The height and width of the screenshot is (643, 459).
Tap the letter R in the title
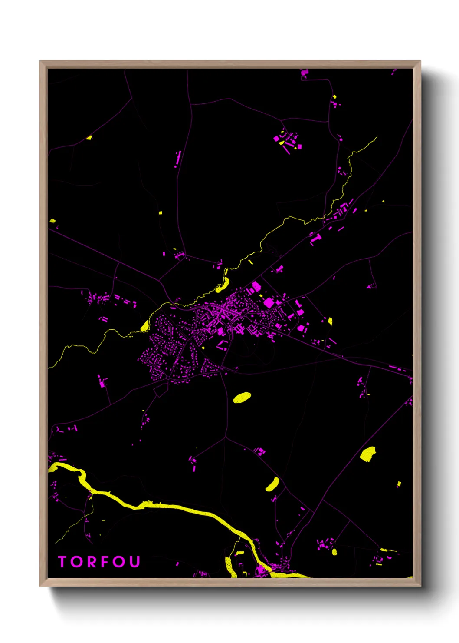pyautogui.click(x=92, y=562)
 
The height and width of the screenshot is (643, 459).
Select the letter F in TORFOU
pyautogui.click(x=106, y=562)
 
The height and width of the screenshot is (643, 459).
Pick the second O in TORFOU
pyautogui.click(x=120, y=562)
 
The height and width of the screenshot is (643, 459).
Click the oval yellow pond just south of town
pyautogui.click(x=242, y=398)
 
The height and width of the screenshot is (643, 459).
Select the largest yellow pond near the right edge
pyautogui.click(x=368, y=454)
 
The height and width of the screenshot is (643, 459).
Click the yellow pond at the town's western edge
pyautogui.click(x=145, y=325)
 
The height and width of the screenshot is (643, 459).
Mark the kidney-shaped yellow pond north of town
pyautogui.click(x=223, y=285)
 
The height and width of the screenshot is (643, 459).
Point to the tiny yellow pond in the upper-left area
pyautogui.click(x=89, y=138)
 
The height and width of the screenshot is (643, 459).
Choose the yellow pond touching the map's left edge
pyautogui.click(x=52, y=221)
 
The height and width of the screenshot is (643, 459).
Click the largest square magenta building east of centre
pyautogui.click(x=269, y=303)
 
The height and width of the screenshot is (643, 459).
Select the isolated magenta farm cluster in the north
pyautogui.click(x=287, y=140)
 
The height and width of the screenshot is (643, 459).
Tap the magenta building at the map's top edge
pyautogui.click(x=305, y=73)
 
